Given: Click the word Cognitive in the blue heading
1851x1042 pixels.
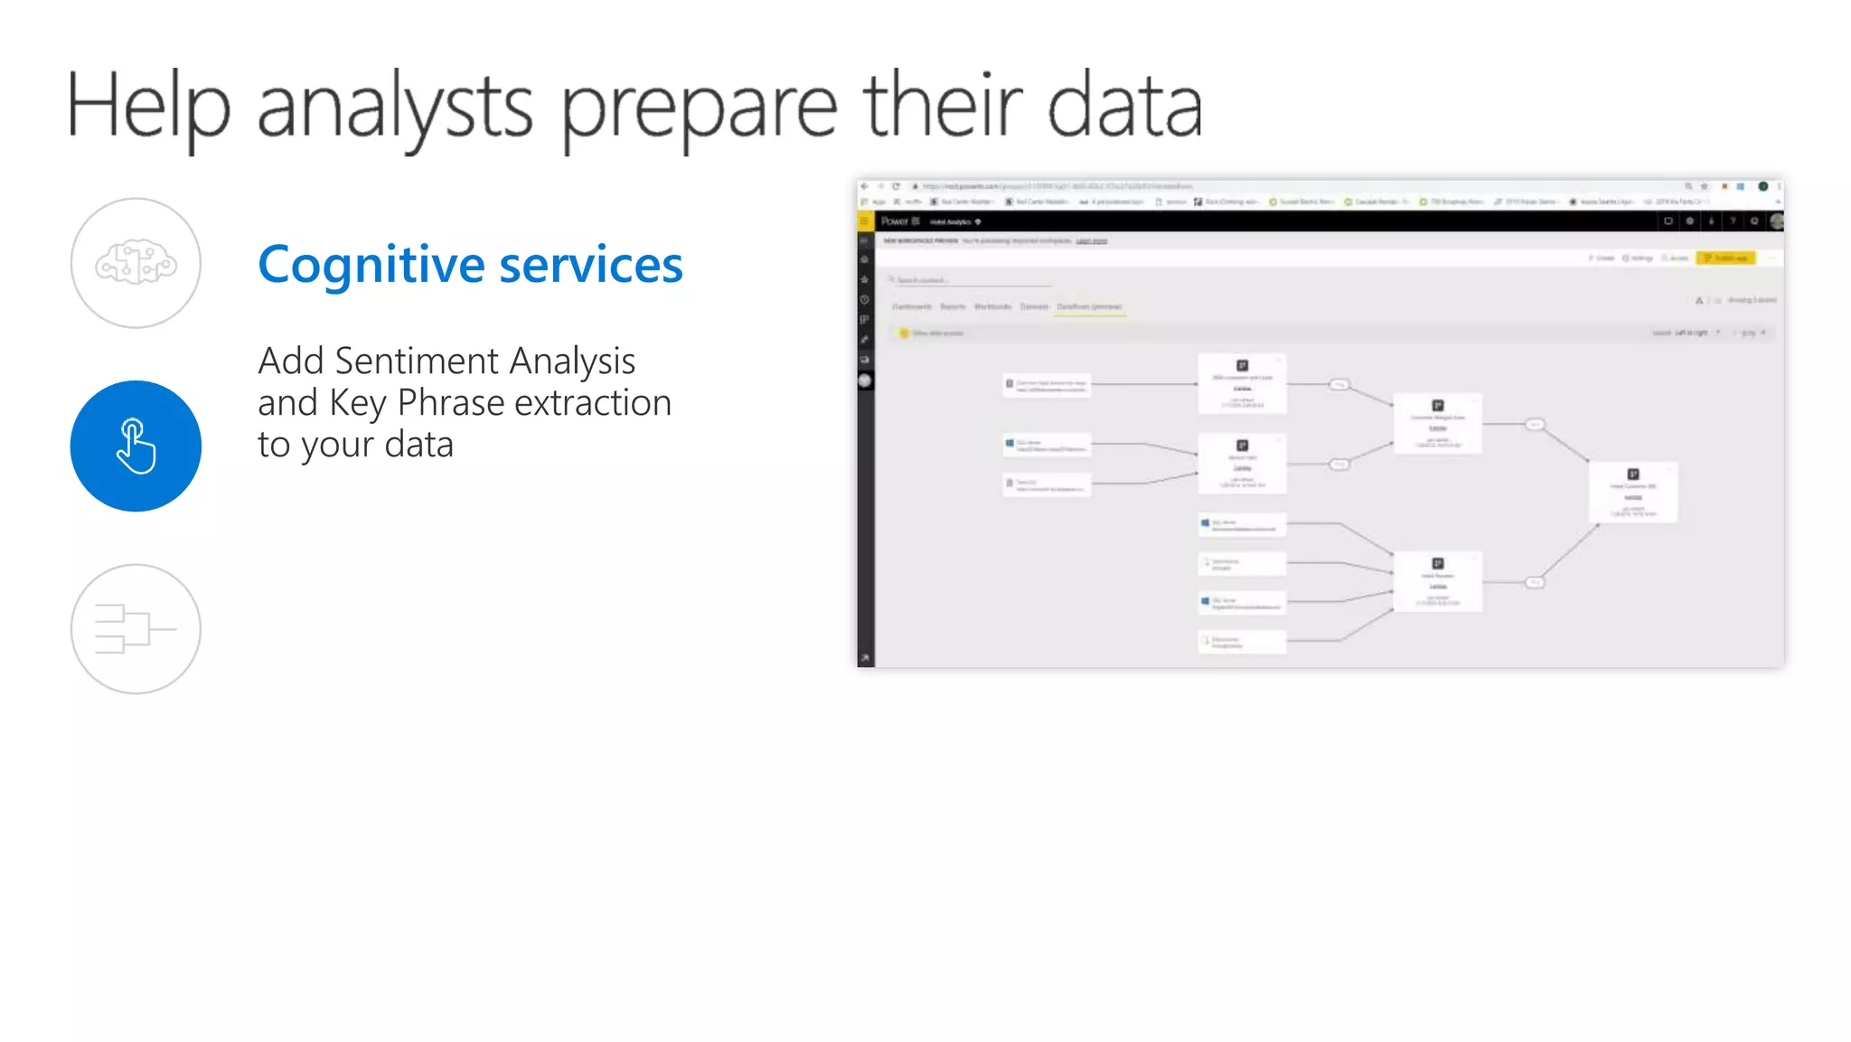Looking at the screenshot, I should (x=371, y=265).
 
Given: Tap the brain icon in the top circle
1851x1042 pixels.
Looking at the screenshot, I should (x=136, y=263).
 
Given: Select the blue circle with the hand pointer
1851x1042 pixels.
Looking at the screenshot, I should (x=136, y=446).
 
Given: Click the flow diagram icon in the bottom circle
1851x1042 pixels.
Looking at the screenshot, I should (x=136, y=629).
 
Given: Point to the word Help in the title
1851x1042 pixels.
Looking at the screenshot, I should (x=147, y=107).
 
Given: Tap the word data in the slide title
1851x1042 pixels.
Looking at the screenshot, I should (x=1124, y=107).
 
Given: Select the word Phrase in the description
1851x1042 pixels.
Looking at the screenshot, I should (x=450, y=403).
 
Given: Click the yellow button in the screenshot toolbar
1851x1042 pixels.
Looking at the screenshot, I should (x=1725, y=258).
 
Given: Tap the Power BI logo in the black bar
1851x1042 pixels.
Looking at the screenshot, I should (x=899, y=221).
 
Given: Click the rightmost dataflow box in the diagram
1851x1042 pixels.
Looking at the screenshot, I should (x=1633, y=492).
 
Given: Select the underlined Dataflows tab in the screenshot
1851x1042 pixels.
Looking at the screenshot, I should (x=1089, y=307).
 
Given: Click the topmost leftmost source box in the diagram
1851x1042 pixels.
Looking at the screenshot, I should (x=1047, y=385).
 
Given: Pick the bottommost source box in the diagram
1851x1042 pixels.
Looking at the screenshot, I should (x=1242, y=642).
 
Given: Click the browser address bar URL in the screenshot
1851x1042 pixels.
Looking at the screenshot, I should (x=1057, y=186).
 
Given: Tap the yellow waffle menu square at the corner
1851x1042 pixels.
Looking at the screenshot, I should (x=865, y=221).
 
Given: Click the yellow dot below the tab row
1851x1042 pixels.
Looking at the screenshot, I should (x=904, y=333).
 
